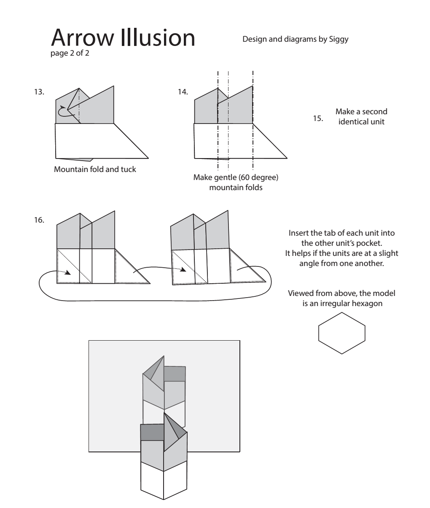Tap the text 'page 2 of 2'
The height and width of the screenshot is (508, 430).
pyautogui.click(x=70, y=54)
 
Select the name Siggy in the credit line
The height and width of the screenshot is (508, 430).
pyautogui.click(x=339, y=40)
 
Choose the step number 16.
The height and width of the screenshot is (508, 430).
pyautogui.click(x=39, y=220)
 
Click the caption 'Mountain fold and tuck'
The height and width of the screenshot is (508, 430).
pyautogui.click(x=95, y=170)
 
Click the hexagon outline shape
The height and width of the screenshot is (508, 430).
pyautogui.click(x=341, y=333)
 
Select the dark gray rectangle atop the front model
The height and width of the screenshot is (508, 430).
pyautogui.click(x=152, y=432)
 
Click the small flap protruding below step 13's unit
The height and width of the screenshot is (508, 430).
pyautogui.click(x=80, y=159)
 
